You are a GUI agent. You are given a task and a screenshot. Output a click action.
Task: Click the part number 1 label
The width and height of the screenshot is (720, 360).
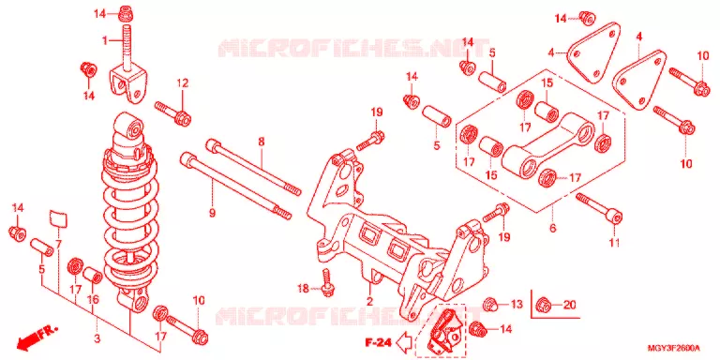coord(105,41)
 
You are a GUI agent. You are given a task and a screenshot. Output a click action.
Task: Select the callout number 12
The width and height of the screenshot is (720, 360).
coord(183,83)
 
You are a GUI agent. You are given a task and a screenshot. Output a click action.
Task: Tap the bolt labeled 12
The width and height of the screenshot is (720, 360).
coord(173,112)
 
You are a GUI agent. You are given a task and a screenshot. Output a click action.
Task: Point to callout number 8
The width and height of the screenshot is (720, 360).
coord(262,142)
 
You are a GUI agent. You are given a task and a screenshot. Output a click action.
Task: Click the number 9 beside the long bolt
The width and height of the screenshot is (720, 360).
coord(212,213)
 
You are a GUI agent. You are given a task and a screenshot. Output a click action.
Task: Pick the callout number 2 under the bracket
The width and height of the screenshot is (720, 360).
coord(369,301)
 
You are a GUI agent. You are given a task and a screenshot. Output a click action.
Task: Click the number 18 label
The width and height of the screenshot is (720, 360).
coord(302,289)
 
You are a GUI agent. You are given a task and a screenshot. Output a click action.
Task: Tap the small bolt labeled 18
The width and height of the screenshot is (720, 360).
coord(326,281)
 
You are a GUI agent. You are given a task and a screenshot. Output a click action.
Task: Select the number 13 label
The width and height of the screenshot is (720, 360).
coord(517,304)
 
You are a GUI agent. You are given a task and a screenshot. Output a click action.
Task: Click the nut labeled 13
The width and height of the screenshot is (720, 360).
coord(489,304)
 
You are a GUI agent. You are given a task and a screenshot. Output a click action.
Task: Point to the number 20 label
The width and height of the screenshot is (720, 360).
coord(569,304)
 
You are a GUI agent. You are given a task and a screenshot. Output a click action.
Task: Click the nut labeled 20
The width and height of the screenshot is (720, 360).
coord(543,304)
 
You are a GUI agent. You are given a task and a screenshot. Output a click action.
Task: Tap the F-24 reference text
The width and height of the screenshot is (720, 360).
coord(378,342)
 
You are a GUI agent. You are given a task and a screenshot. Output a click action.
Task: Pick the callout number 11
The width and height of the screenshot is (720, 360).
coord(614,242)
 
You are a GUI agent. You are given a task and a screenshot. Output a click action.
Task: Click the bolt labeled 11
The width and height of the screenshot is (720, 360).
coord(600,208)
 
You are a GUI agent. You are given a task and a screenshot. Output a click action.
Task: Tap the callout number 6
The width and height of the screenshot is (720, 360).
coord(552,227)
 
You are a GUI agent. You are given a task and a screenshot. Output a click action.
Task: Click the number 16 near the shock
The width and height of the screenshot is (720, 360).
coord(93,299)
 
